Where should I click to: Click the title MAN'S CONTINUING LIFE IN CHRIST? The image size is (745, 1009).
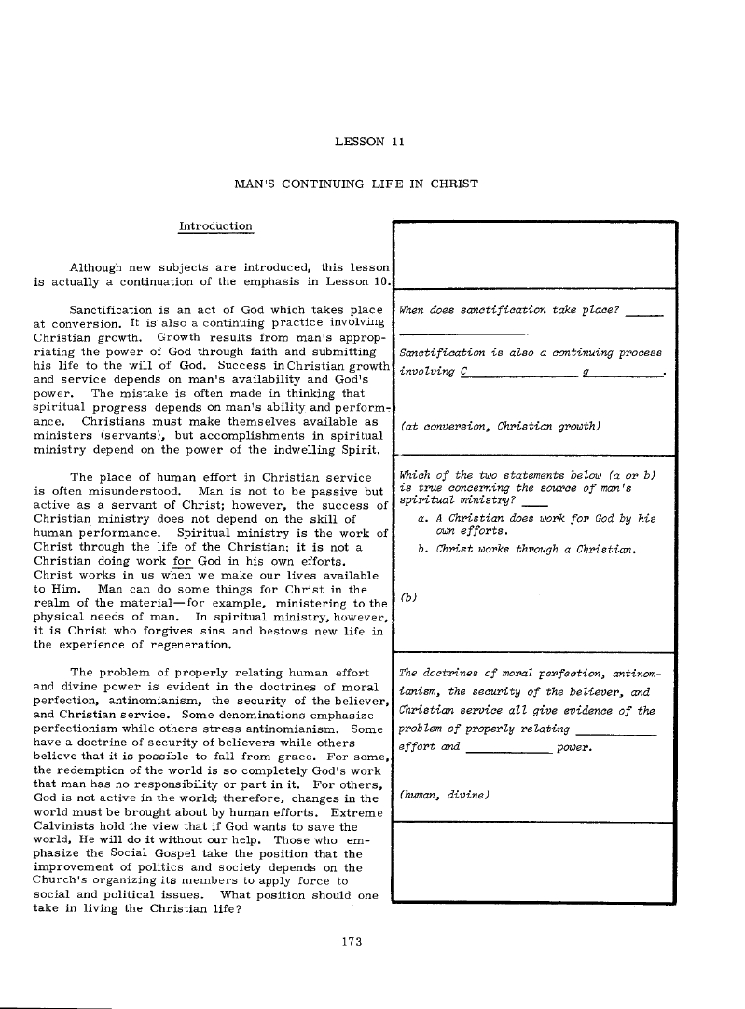tap(355, 184)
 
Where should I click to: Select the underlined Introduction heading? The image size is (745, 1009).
tap(214, 226)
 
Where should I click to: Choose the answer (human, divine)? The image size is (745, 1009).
tap(444, 795)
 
